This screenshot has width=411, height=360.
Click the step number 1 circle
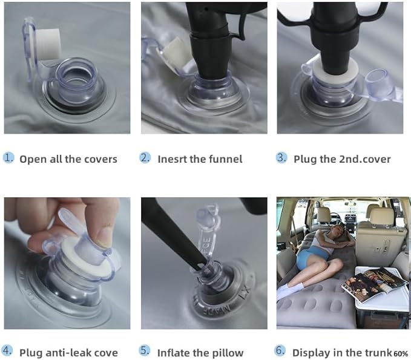tap(8, 158)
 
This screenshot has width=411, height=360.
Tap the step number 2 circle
tap(145, 158)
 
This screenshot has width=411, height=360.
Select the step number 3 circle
tap(281, 158)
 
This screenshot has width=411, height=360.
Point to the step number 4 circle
tap(7, 351)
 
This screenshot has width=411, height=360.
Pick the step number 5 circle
tap(145, 351)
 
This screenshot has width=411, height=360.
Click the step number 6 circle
tap(280, 351)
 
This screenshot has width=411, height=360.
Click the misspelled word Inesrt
tap(173, 159)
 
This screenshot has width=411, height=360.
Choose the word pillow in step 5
tap(228, 353)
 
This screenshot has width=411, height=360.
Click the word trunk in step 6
tap(378, 353)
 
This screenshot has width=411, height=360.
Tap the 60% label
tap(401, 354)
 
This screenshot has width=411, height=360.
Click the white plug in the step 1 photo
tap(48, 44)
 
